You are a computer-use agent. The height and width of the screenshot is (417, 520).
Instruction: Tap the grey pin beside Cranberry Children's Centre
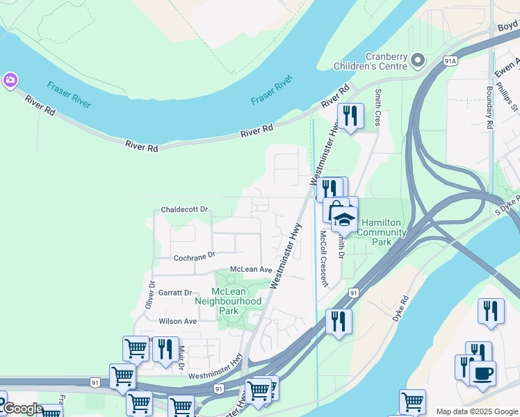[x=418, y=61]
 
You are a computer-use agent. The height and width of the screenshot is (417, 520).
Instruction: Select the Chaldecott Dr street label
[x=184, y=209]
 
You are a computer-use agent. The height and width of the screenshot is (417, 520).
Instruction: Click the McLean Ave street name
[x=251, y=269]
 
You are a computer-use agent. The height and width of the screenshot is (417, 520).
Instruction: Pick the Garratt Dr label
[x=175, y=293]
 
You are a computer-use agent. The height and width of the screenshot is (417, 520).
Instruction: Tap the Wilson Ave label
[x=178, y=321]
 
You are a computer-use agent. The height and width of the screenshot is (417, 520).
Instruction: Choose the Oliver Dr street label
[x=149, y=295]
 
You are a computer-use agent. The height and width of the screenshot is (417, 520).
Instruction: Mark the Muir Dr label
[x=181, y=357]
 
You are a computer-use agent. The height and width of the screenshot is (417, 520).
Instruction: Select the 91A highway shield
[x=450, y=61]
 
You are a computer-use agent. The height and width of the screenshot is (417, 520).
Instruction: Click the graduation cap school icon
[x=343, y=220]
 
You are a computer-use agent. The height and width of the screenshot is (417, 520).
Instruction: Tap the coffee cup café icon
[x=482, y=373]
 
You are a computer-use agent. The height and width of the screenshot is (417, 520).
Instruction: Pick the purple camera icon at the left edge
[x=10, y=80]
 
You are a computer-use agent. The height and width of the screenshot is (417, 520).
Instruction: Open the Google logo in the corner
[x=22, y=409]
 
